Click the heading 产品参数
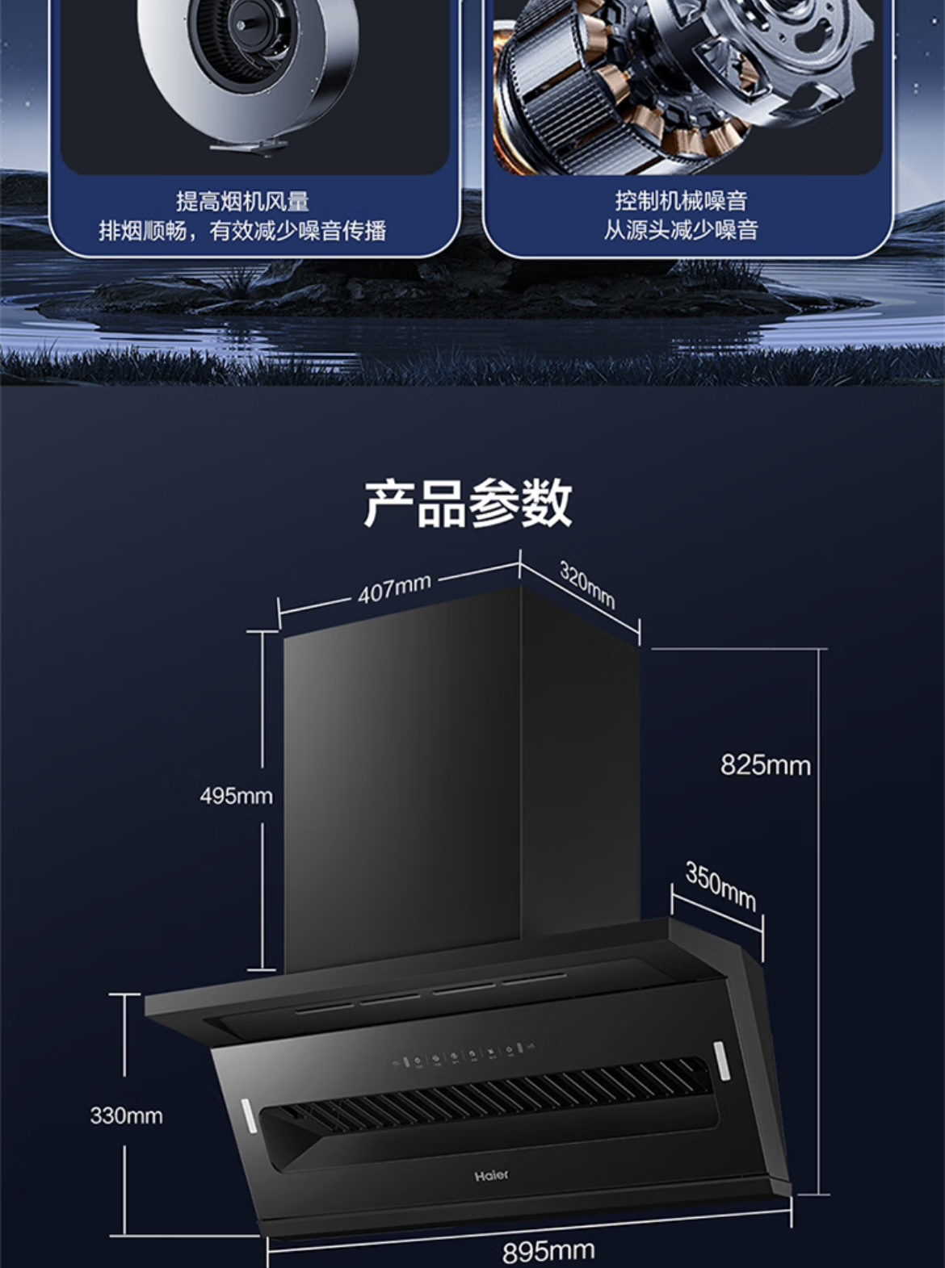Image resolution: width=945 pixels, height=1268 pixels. click(468, 503)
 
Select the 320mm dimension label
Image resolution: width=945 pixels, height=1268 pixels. click(587, 584)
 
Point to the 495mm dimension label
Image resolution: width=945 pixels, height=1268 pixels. click(236, 796)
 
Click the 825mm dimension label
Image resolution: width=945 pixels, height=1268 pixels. click(765, 765)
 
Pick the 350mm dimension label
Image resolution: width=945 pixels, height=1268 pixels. click(720, 885)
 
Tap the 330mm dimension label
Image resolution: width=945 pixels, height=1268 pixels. click(126, 1115)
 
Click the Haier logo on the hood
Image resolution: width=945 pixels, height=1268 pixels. click(491, 1175)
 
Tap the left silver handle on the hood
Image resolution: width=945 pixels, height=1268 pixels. click(249, 1120)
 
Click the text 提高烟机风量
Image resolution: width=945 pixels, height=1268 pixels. click(242, 201)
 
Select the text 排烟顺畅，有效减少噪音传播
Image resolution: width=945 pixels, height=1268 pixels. click(242, 231)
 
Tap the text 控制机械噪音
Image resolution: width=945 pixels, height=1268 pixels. click(681, 200)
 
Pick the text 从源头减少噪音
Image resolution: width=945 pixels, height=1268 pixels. click(681, 230)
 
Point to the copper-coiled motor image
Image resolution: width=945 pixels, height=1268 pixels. click(678, 81)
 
